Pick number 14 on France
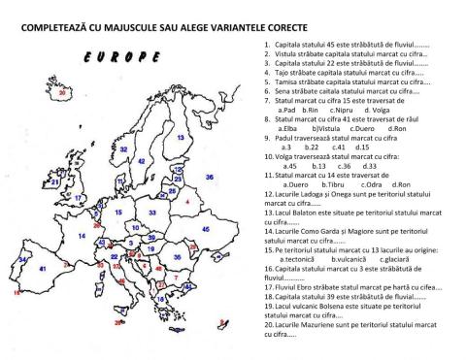(81, 235)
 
